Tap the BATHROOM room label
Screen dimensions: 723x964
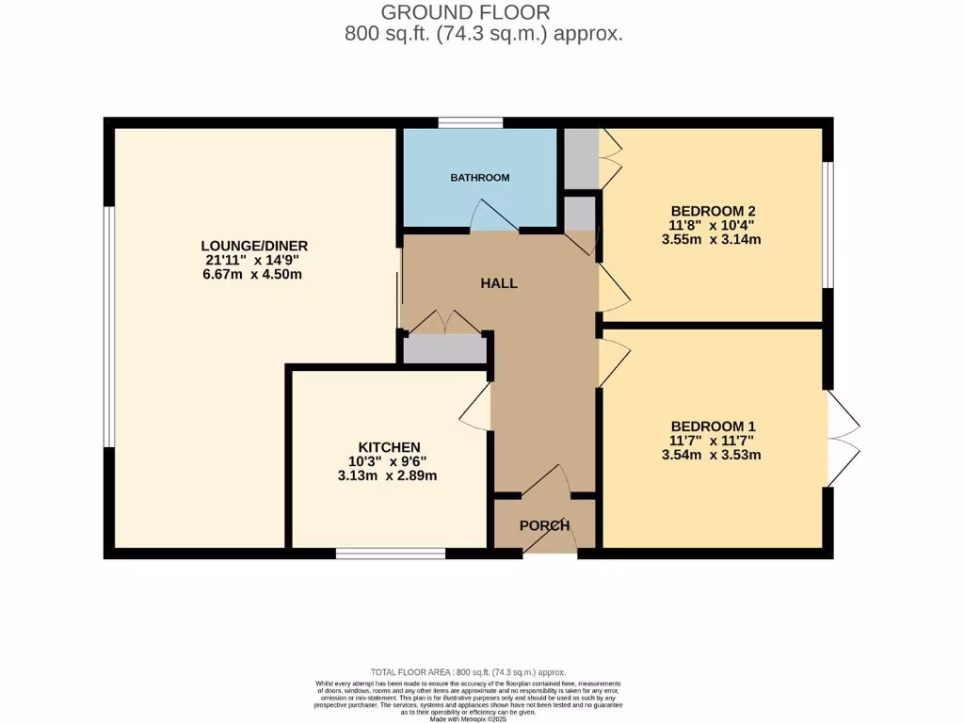[x=479, y=177]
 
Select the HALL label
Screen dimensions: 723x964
[x=499, y=282]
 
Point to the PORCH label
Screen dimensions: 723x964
[x=545, y=525]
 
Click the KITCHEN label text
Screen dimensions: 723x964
[x=389, y=446]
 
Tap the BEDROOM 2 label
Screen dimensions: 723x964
[x=713, y=210]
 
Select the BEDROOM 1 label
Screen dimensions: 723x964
[x=713, y=426]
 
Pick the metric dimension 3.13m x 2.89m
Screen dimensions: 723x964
[x=387, y=476]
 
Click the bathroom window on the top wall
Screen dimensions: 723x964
[x=470, y=122]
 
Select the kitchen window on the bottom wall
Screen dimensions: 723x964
[x=391, y=554]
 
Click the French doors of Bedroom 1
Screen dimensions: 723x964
[x=843, y=438]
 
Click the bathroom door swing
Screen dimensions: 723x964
[x=494, y=217]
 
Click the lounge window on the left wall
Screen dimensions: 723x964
[x=109, y=327]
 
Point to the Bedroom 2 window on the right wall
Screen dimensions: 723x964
[x=827, y=224]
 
